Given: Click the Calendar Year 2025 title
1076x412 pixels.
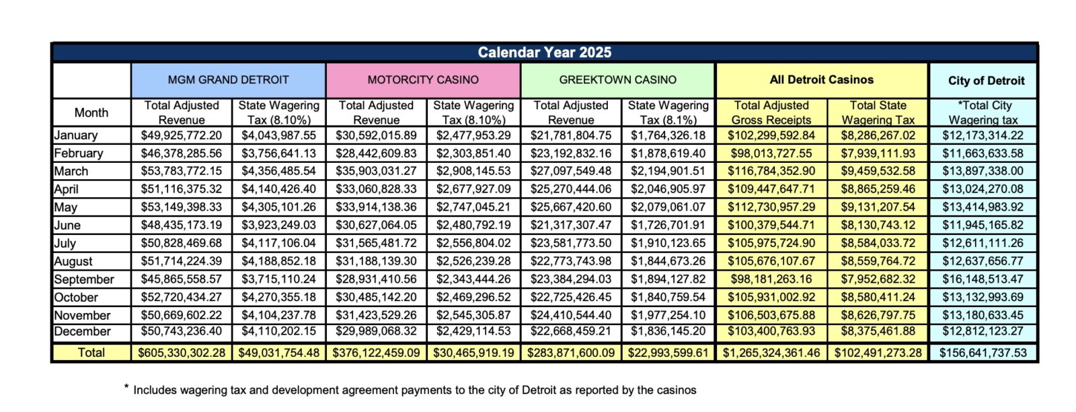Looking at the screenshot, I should pos(544,53).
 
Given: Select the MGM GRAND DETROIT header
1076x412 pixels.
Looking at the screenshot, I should pos(228,79).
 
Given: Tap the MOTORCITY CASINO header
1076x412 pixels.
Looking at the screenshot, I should pos(423,79).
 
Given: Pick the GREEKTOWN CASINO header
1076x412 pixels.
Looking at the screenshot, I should pos(617,79).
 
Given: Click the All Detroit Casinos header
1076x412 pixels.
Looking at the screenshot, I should pos(821,79).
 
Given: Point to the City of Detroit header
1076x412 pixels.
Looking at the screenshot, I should pos(986,81).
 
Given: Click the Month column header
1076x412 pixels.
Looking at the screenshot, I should pos(91,112).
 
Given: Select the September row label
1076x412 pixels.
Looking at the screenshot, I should pos(84,279).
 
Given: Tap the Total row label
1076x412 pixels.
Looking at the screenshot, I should pos(91,352).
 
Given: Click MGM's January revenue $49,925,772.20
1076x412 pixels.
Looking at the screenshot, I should pos(182,135).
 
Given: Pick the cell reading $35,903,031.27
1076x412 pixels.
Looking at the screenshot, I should pos(376,171).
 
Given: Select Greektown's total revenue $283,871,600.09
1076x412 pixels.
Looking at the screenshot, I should pos(571,352).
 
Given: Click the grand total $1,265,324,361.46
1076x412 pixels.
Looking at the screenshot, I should pos(771,352).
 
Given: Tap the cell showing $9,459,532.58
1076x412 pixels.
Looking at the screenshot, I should pos(878,171).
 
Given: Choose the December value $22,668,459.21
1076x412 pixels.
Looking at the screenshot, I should pos(571,331).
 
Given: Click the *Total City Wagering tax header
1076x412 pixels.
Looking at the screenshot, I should pos(984,112).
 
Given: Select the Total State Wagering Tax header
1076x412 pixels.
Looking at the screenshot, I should pos(878,112).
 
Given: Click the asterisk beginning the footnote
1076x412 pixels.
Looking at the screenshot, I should pos(126,387).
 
